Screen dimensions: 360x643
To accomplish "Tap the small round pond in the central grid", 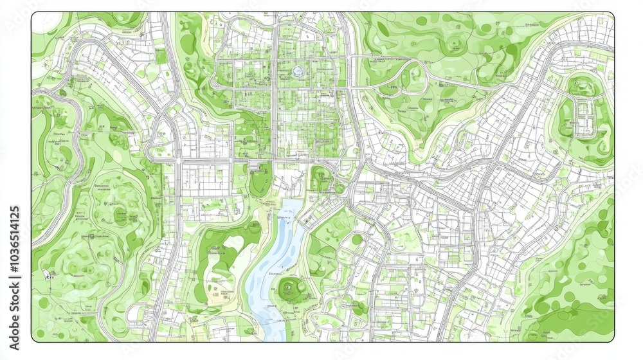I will [x=297, y=71].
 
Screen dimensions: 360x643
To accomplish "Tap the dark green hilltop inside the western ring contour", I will [x=120, y=215].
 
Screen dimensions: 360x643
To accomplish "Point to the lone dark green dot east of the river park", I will [x=357, y=239].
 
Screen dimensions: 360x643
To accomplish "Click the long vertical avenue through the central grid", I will [x=275, y=96].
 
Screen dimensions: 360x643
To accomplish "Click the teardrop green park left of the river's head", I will [x=260, y=180].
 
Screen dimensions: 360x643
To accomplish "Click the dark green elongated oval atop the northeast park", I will [x=384, y=28].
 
